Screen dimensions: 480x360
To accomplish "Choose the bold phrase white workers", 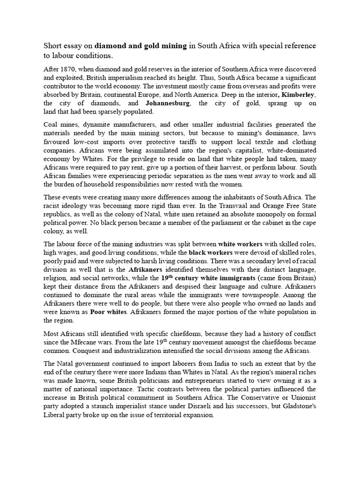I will pyautogui.click(x=240, y=244).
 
